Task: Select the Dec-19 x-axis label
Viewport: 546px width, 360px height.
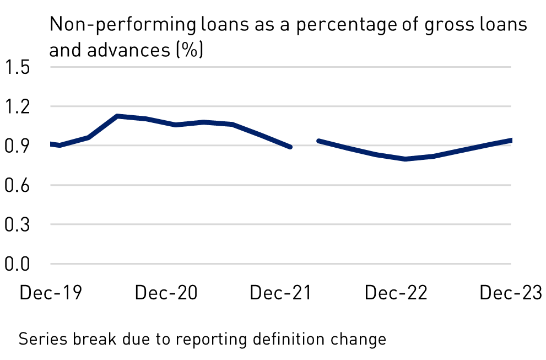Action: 51,293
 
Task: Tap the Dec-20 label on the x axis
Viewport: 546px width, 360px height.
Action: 166,293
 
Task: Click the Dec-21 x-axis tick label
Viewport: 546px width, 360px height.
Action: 281,293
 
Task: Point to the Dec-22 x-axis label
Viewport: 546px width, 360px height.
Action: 396,293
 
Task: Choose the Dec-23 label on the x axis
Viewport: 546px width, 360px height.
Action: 511,293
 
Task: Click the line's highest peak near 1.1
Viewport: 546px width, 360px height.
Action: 117,116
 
